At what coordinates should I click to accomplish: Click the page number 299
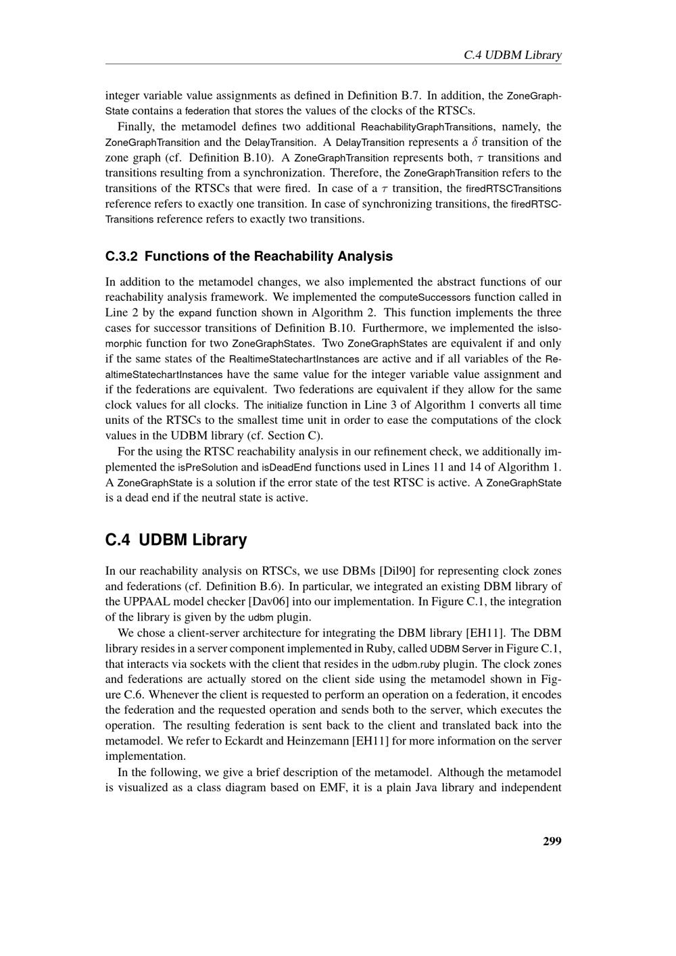click(x=552, y=841)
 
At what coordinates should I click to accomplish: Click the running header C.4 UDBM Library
click(x=512, y=55)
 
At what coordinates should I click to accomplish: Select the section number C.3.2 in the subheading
click(x=122, y=256)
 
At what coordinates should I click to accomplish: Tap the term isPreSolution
click(x=208, y=467)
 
